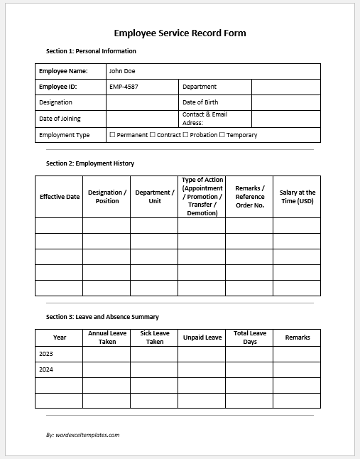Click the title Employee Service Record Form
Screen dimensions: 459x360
[x=180, y=33]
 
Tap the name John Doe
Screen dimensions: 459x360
[x=121, y=71]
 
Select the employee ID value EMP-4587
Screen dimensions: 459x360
[x=123, y=87]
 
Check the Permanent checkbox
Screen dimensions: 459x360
[x=112, y=135]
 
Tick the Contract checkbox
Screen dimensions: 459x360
[x=153, y=135]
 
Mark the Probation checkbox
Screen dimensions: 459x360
[x=186, y=135]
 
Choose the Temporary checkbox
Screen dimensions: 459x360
[x=222, y=135]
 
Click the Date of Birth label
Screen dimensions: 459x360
[x=200, y=102]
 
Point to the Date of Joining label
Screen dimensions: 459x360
[x=60, y=119]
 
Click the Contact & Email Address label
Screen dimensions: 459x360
[x=204, y=119]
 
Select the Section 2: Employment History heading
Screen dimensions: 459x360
[x=90, y=163]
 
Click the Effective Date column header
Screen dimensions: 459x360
[x=60, y=197]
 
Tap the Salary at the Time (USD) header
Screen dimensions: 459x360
[x=297, y=197]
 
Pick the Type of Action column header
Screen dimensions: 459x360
[x=202, y=197]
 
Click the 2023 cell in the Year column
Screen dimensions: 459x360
[x=46, y=354]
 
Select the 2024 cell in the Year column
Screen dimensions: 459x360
[x=46, y=369]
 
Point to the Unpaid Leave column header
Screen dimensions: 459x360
[x=202, y=337]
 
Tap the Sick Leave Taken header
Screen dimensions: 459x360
[x=154, y=337]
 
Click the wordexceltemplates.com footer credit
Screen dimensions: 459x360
[x=82, y=434]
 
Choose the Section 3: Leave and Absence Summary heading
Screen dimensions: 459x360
[x=102, y=317]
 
